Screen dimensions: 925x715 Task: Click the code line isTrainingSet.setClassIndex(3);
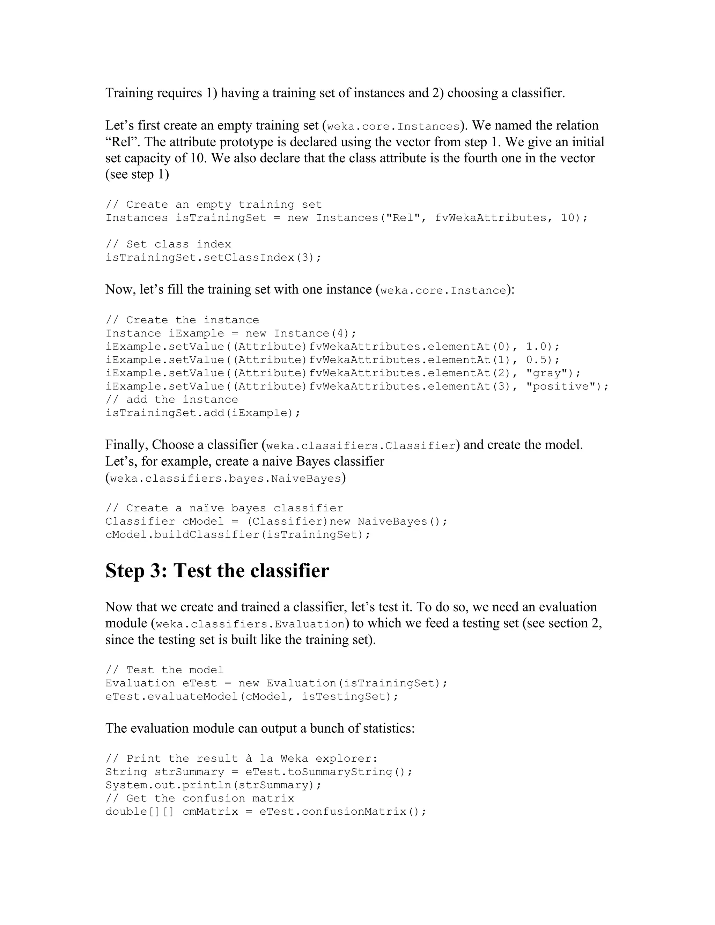213,258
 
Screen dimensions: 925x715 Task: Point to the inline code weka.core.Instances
393,127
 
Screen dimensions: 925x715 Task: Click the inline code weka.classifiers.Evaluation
250,624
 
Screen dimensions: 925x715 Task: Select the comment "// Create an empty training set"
213,205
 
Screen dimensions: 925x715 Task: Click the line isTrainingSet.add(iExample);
203,413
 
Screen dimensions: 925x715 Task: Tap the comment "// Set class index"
168,244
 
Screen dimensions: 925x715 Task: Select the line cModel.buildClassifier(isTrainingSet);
238,534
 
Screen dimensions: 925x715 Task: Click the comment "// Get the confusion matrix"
199,798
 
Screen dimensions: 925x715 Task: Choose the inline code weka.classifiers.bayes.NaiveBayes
225,479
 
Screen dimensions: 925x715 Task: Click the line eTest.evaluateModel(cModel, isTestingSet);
252,697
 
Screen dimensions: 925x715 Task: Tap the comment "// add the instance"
171,399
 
